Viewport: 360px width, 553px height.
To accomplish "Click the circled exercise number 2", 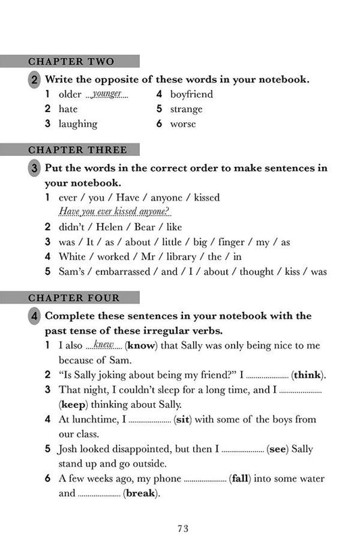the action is click(34, 80).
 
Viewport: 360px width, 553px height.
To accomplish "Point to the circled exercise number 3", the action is click(34, 168).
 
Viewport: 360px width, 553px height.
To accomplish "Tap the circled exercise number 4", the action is click(34, 316).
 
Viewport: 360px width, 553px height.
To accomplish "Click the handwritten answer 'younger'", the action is click(107, 95).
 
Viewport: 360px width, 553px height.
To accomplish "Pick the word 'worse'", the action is click(183, 124).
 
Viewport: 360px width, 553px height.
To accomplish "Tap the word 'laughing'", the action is click(78, 124).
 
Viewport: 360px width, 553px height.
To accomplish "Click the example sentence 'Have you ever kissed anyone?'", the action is click(114, 211).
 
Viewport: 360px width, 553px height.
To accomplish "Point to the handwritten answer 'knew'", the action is click(103, 345).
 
